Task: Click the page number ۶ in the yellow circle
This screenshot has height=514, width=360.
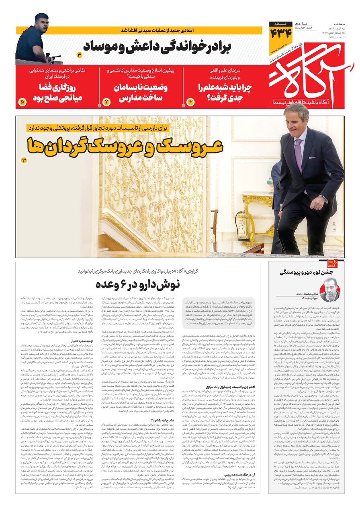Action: (x=191, y=102)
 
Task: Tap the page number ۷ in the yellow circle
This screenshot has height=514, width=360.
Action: (x=107, y=102)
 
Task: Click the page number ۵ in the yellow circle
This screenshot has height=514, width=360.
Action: (x=22, y=102)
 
